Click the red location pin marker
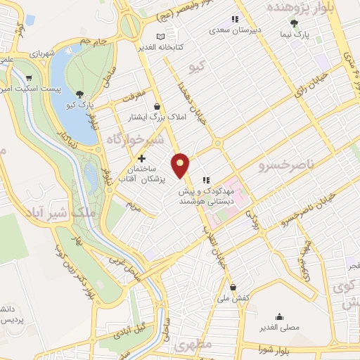(181, 165)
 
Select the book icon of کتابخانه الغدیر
(161, 36)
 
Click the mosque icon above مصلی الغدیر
(279, 316)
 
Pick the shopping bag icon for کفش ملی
(233, 287)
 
